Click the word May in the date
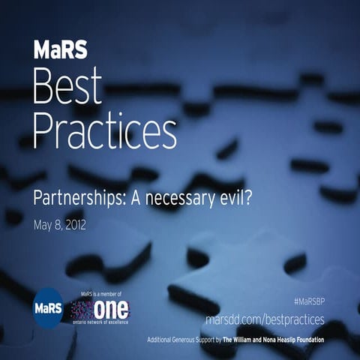[x=43, y=224]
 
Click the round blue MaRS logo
[x=49, y=308]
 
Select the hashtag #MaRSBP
[x=307, y=299]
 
